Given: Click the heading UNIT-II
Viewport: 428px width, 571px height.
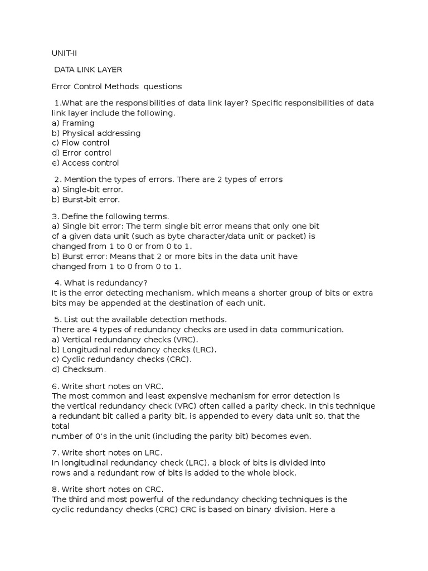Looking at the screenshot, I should coord(65,54).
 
